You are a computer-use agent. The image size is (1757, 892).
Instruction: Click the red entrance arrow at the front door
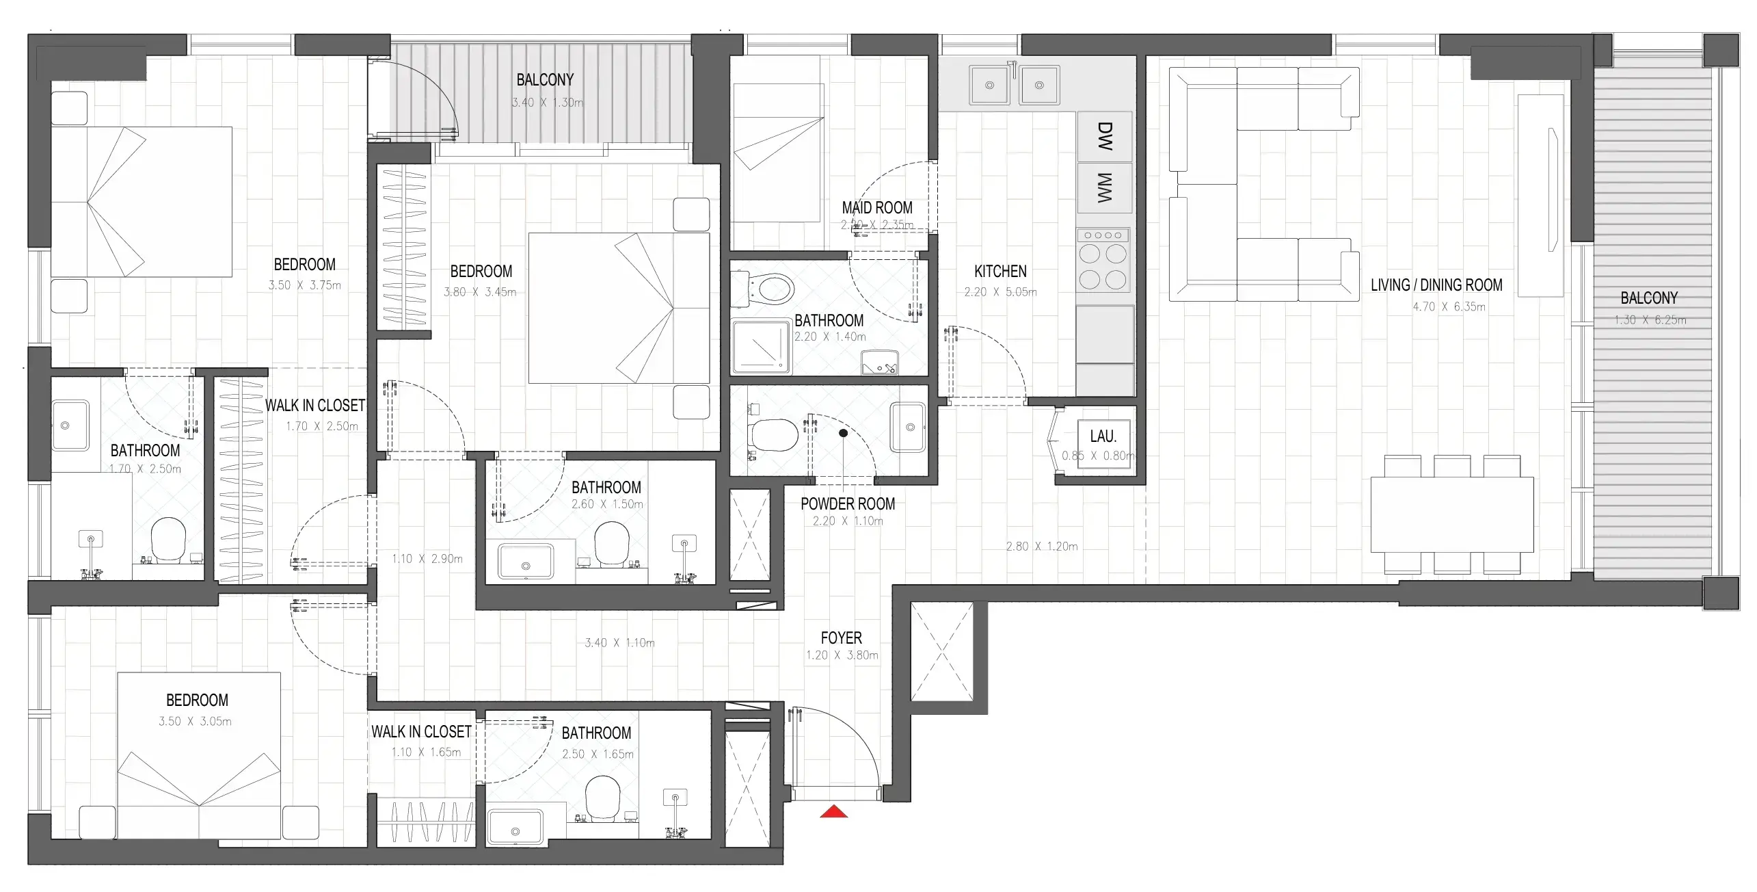(833, 812)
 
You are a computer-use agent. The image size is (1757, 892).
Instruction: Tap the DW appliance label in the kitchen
(1104, 136)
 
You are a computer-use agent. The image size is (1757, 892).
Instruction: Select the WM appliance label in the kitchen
(1104, 187)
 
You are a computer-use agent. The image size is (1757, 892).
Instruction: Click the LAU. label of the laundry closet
(1103, 436)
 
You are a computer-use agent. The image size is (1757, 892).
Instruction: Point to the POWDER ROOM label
(848, 504)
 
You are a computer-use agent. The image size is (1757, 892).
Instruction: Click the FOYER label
(841, 638)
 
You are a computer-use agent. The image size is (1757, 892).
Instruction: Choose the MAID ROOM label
(877, 208)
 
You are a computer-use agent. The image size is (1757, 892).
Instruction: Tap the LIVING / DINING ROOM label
(1436, 285)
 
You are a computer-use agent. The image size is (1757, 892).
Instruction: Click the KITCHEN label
(1000, 272)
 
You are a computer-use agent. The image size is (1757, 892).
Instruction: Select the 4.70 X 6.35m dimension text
(1449, 307)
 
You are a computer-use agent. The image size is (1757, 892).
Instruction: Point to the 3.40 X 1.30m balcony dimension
(548, 103)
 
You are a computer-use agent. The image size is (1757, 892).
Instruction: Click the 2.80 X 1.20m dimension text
(1041, 547)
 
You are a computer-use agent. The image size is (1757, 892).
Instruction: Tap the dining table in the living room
(1452, 514)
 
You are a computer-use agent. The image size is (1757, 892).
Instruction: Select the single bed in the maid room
(777, 153)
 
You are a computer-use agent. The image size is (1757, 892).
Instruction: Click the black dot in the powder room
(844, 433)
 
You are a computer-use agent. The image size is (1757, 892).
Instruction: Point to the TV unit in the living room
(1540, 196)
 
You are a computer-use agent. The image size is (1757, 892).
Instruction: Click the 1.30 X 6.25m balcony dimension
(1650, 320)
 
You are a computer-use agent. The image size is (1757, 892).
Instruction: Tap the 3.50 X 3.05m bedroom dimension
(195, 722)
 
